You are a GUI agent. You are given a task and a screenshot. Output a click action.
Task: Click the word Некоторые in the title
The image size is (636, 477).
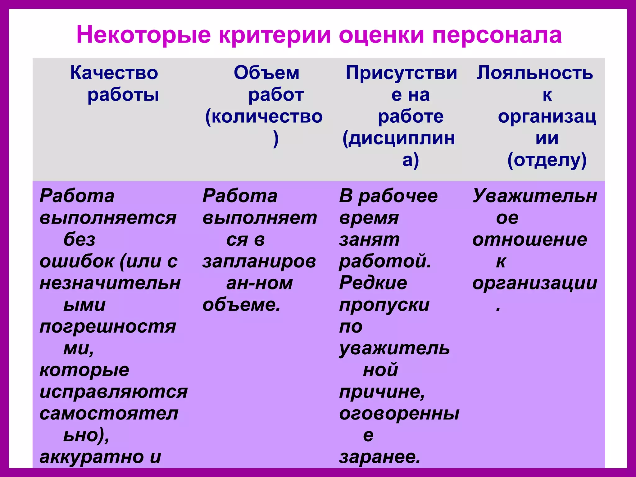click(x=143, y=35)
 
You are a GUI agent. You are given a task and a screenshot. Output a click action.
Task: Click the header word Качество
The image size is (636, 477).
click(x=114, y=73)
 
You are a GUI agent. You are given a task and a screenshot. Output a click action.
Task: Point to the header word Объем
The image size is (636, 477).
click(x=266, y=73)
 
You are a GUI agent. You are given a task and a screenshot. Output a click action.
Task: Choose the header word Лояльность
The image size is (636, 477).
click(x=535, y=73)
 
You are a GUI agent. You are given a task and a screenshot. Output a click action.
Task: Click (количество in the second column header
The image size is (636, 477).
click(x=264, y=117)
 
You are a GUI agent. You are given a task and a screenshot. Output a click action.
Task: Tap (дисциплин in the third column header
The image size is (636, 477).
click(x=399, y=139)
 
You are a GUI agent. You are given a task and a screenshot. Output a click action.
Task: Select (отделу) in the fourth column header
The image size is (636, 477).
click(x=547, y=160)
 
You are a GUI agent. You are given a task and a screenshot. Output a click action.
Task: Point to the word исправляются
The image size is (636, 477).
click(x=114, y=392)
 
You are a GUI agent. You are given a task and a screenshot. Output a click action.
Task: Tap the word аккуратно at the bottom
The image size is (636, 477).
click(x=92, y=457)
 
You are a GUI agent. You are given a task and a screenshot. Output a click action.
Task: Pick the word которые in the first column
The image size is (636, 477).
click(x=84, y=370)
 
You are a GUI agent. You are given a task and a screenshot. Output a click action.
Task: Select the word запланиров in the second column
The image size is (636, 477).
click(x=259, y=261)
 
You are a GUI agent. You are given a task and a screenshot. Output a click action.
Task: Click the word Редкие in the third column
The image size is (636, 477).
click(x=373, y=283)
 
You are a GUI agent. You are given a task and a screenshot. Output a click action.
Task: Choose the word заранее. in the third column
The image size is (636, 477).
click(x=379, y=457)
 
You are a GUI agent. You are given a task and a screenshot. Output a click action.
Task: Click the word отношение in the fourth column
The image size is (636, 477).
click(x=530, y=240)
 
